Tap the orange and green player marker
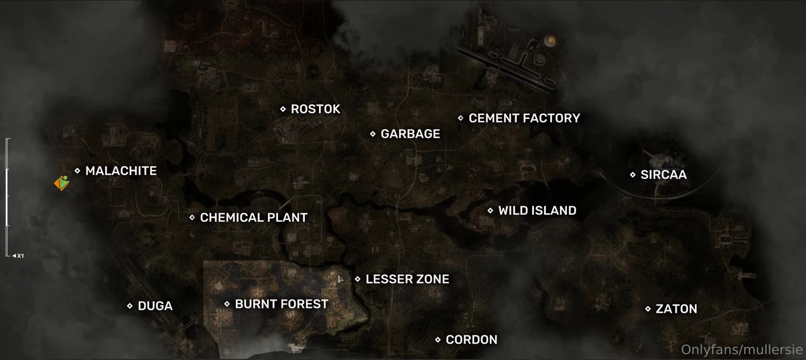click(x=62, y=183)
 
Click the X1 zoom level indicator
click(x=18, y=256)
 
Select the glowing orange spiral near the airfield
click(x=551, y=41)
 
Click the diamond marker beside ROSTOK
click(x=283, y=109)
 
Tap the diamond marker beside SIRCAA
click(x=633, y=175)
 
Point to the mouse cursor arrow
click(x=340, y=279)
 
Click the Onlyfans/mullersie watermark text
click(x=742, y=350)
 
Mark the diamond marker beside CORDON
click(x=438, y=339)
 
